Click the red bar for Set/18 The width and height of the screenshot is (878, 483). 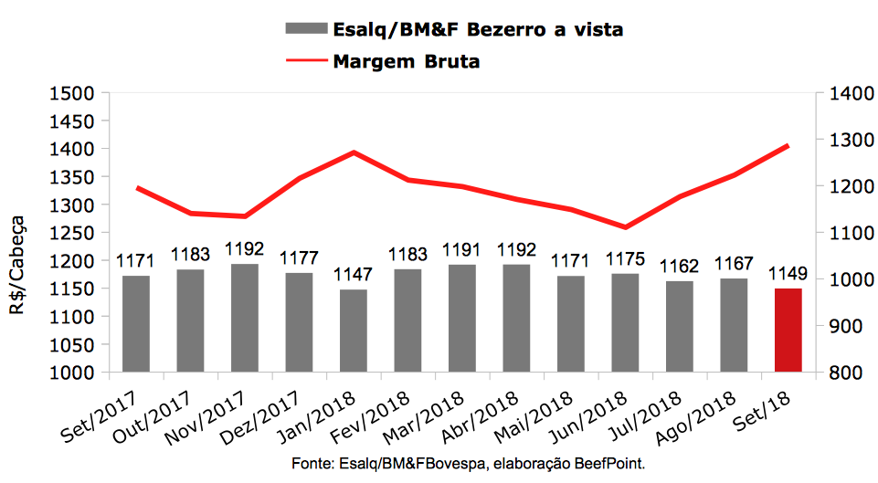click(x=788, y=330)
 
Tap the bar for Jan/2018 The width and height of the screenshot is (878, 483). click(x=353, y=331)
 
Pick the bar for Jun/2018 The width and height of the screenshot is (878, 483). click(x=625, y=322)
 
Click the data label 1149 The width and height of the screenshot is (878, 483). click(x=788, y=274)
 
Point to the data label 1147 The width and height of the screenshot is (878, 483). click(x=353, y=275)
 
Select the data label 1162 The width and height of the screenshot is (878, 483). click(x=680, y=267)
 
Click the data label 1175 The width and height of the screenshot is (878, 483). click(x=625, y=259)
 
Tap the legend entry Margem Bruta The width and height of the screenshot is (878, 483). click(x=407, y=61)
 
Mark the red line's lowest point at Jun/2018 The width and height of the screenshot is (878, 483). click(x=625, y=227)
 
